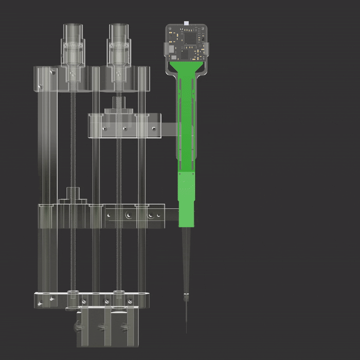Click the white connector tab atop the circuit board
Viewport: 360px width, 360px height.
coord(186,23)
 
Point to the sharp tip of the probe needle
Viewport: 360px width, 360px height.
coord(186,332)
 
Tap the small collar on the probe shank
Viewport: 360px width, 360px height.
coord(186,296)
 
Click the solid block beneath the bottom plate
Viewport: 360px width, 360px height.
coord(108,327)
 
